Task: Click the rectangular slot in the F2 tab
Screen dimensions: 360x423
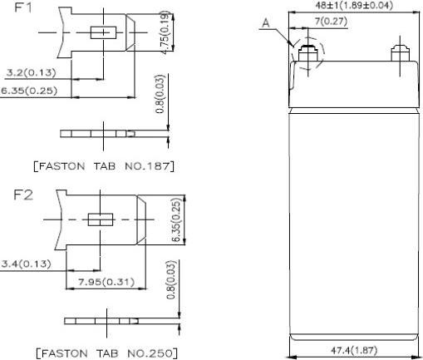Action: (101, 220)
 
